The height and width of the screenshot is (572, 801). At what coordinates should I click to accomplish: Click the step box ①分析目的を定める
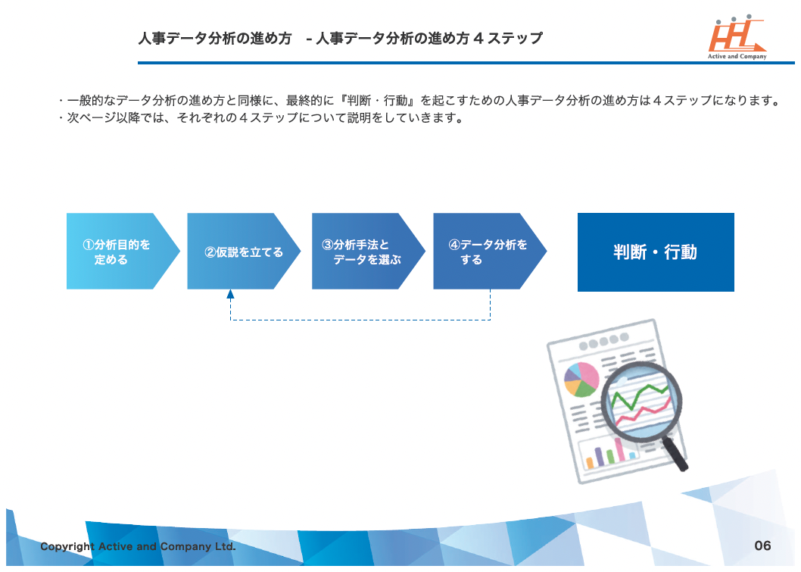(x=117, y=252)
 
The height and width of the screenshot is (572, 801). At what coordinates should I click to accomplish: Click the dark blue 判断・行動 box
(x=656, y=252)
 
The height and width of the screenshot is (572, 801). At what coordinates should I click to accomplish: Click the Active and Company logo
(x=737, y=39)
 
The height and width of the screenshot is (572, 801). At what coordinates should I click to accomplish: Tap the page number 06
(x=762, y=545)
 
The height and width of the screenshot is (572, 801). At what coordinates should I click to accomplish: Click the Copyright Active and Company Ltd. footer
(x=138, y=546)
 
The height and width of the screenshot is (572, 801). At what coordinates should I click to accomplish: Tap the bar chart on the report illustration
(x=609, y=453)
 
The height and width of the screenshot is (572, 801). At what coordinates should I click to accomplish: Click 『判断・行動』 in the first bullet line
(x=376, y=101)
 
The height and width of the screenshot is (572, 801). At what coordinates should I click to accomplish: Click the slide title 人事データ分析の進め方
(x=215, y=39)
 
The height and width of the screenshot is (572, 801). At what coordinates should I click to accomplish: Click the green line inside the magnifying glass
(x=640, y=395)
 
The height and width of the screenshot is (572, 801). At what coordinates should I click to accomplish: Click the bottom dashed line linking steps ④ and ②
(x=360, y=320)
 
